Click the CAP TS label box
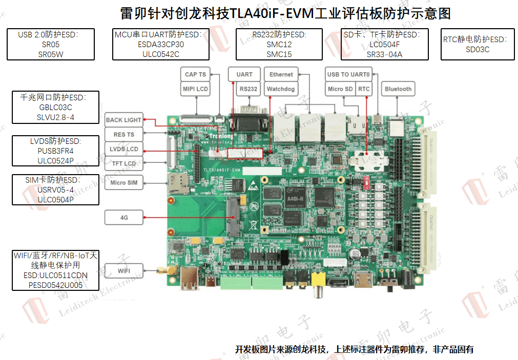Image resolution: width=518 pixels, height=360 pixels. pos(195,75)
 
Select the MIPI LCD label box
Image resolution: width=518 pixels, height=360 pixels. pos(195,89)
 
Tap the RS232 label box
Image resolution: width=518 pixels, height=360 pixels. pos(248,89)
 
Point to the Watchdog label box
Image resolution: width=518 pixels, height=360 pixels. pos(281,89)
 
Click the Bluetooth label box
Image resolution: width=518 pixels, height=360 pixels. pos(398,89)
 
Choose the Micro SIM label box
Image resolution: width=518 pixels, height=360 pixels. pos(125,183)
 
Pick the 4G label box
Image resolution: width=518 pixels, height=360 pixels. pos(125,218)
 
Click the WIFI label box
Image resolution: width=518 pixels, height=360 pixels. pos(125,270)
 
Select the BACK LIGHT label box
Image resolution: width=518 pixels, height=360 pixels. pos(123,120)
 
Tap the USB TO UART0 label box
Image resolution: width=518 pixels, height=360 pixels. pos(348,75)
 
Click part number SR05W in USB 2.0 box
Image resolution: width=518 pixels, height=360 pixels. pos(51,54)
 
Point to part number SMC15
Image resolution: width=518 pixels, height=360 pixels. pos(279,54)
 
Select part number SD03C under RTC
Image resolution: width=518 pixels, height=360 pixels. pos(478,50)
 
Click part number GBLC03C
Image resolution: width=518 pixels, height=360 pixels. pos(55,108)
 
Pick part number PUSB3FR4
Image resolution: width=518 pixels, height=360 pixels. pos(55,151)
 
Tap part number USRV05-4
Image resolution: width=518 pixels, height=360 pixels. pos(55,190)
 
